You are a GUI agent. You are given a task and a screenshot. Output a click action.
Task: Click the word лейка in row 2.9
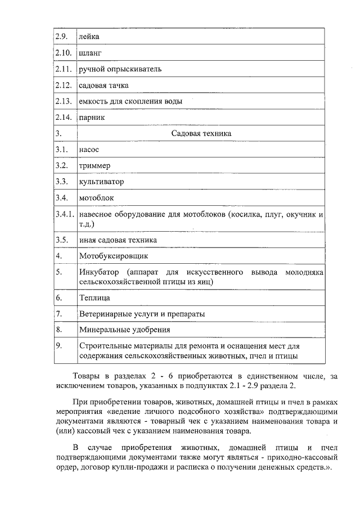[89, 37]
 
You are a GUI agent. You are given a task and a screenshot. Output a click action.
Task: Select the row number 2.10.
[63, 53]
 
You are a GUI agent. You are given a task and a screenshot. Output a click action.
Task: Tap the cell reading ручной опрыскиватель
[120, 69]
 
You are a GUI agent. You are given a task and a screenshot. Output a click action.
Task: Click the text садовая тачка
[104, 85]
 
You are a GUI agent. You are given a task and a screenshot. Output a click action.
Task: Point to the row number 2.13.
[63, 101]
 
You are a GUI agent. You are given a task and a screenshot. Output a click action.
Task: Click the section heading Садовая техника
[201, 133]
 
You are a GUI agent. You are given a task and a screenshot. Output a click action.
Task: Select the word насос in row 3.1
[89, 150]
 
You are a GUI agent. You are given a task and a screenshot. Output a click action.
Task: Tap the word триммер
[94, 166]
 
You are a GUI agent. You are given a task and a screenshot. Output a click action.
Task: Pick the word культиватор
[102, 182]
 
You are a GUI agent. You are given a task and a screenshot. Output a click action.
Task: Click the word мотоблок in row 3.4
[97, 198]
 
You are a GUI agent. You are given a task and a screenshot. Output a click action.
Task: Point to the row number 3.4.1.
[65, 215]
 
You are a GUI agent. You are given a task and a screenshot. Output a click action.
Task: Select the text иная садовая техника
[118, 240]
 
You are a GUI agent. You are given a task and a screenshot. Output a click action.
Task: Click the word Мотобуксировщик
[113, 256]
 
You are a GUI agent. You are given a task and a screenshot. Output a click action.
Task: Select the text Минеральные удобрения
[124, 330]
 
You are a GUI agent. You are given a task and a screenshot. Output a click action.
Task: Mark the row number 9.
[58, 346]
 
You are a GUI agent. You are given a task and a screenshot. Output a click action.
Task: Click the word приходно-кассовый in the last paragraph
[298, 458]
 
